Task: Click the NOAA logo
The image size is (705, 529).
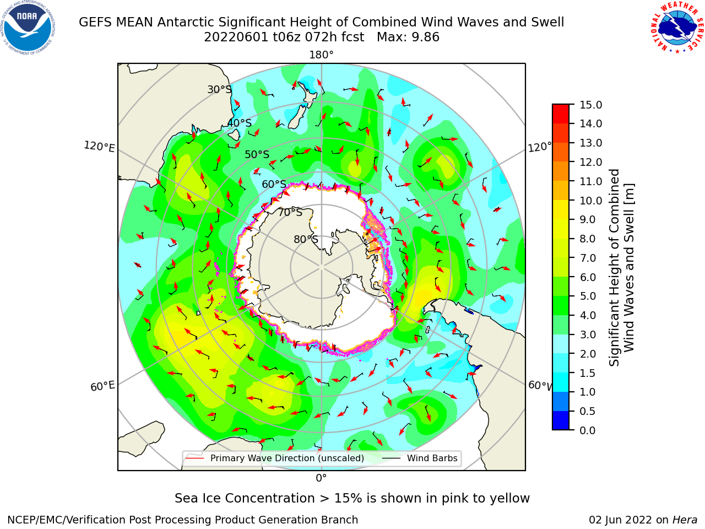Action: [28, 28]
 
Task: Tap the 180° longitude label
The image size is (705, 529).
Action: [321, 55]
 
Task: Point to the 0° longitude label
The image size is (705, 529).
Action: [321, 478]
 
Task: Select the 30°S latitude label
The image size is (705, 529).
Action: [220, 89]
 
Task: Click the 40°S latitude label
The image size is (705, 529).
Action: [240, 123]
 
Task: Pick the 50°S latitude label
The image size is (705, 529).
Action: [257, 154]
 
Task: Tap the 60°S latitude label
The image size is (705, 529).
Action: [274, 185]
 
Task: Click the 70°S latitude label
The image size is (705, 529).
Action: [290, 212]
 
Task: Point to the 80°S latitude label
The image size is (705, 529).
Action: [306, 239]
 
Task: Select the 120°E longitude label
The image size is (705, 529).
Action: [99, 147]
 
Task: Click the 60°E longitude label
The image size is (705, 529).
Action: [102, 386]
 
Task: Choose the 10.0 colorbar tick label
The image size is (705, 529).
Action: [590, 201]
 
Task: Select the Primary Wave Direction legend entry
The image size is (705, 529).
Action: [275, 458]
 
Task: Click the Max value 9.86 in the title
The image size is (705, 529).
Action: [408, 37]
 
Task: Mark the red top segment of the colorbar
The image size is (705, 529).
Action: [561, 114]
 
